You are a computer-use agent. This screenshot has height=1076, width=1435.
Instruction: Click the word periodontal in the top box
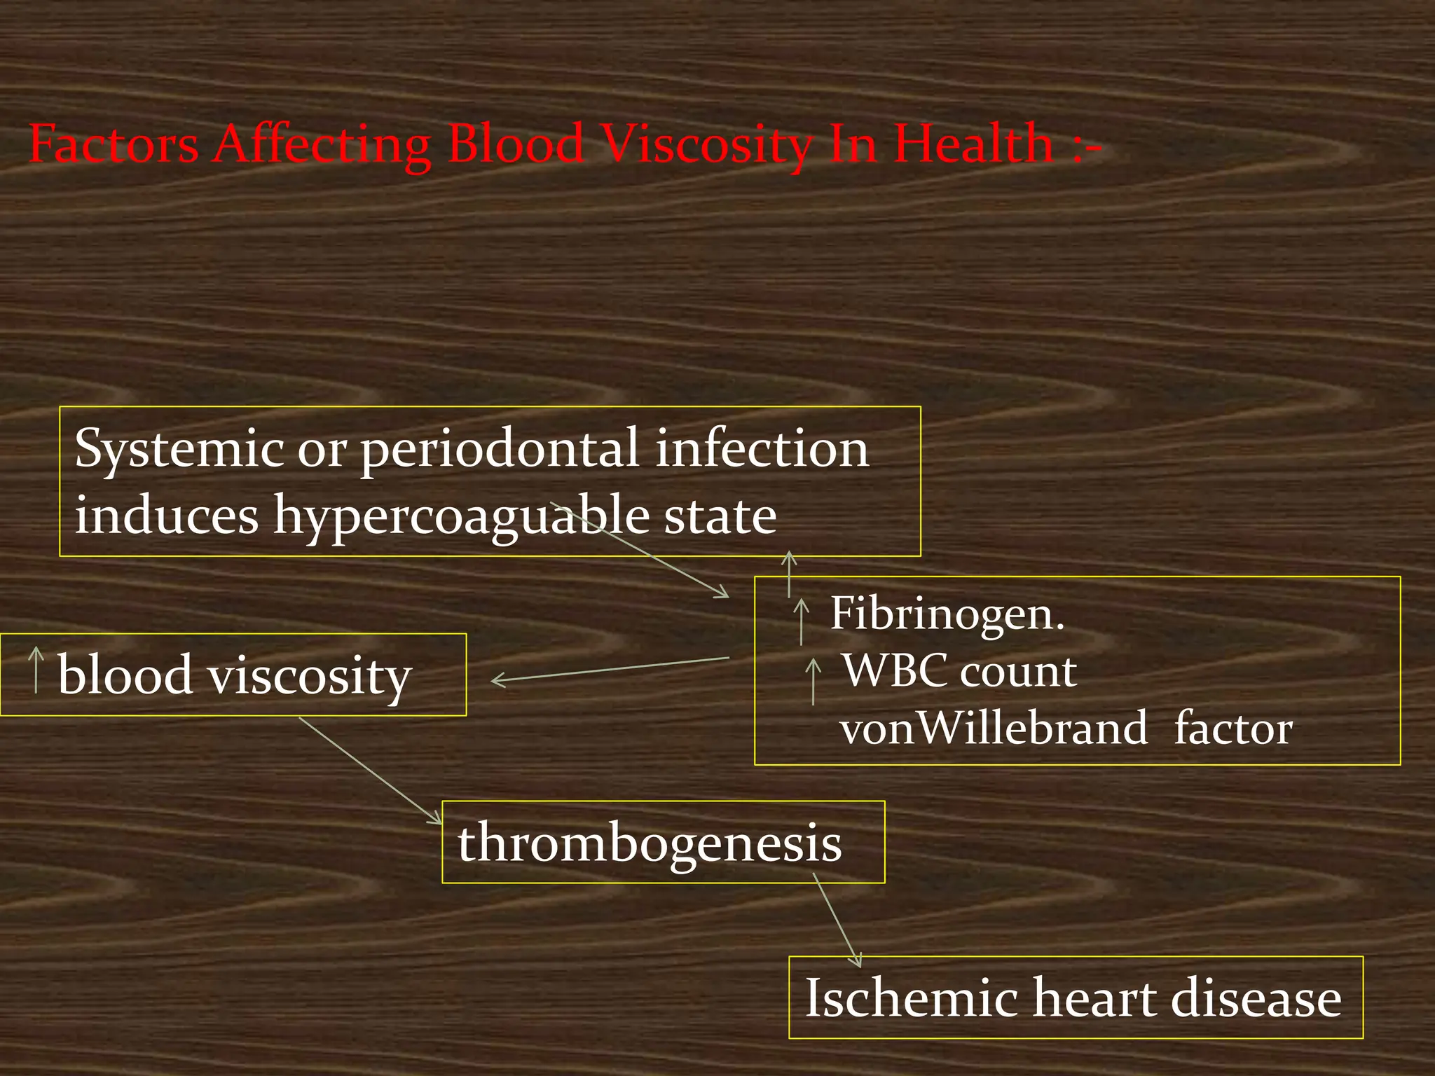click(499, 450)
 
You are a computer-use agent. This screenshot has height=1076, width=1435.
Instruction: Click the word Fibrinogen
click(947, 614)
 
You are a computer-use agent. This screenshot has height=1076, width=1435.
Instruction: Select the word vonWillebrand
click(994, 728)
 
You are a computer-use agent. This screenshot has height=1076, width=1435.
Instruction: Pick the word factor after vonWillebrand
click(1233, 729)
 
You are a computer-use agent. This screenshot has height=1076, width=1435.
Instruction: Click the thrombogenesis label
click(650, 843)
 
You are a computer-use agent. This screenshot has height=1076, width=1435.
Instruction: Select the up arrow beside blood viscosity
click(36, 670)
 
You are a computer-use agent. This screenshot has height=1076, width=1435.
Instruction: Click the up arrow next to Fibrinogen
click(802, 621)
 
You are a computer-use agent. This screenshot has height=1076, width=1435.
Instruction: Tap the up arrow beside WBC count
click(813, 680)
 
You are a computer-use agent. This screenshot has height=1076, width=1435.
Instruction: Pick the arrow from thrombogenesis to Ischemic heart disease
click(837, 920)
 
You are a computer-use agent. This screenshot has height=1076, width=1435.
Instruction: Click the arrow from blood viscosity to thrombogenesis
click(370, 770)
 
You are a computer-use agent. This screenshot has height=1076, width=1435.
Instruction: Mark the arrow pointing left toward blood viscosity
click(610, 670)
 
